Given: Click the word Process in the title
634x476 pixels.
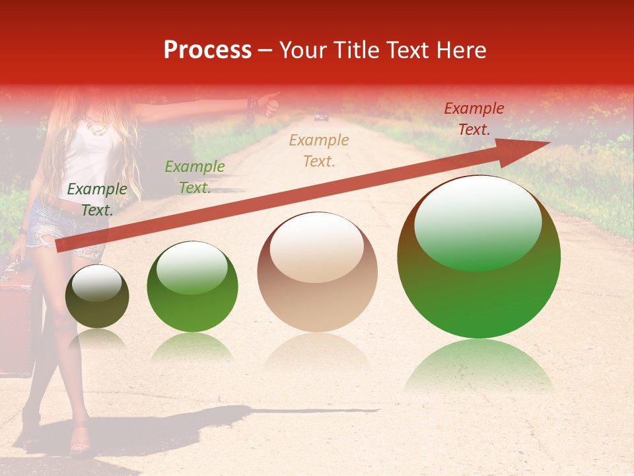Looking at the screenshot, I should point(207,50).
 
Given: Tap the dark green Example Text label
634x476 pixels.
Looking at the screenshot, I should point(96,199).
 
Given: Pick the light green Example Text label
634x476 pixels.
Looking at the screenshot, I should point(194,177).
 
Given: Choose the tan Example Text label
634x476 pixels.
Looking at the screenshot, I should point(319,150).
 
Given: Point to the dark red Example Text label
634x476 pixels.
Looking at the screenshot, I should point(474,119).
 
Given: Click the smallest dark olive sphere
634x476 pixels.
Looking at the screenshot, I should point(97,297).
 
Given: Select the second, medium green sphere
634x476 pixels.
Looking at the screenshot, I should point(192,286).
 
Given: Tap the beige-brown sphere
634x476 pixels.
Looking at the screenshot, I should point(317,272).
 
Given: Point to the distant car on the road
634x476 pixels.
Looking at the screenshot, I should point(321,117).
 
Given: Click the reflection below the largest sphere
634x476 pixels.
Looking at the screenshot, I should point(479,367).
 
